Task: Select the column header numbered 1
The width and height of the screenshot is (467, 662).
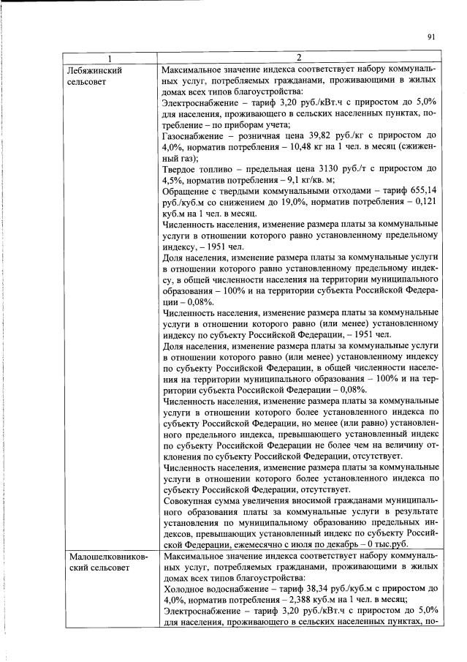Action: [x=110, y=58]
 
